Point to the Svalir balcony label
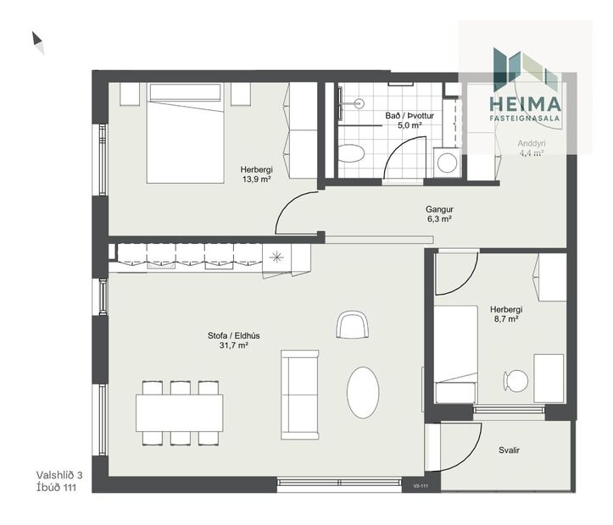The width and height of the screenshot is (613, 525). pos(509,450)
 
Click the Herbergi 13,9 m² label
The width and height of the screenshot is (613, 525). pos(254,174)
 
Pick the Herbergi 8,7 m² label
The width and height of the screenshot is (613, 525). pos(506,315)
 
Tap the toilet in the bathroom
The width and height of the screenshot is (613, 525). pos(350,153)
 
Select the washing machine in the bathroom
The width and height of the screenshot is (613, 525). pos(446,162)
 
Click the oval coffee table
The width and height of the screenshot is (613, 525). pos(363,391)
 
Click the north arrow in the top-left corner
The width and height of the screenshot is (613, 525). pos(37,41)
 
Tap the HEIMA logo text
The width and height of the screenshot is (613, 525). pos(526,104)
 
